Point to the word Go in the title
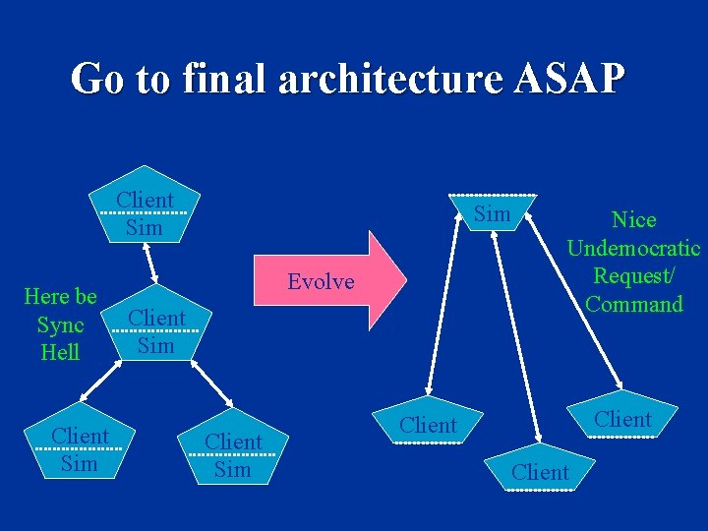pyautogui.click(x=99, y=78)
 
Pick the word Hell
pyautogui.click(x=60, y=352)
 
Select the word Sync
pyautogui.click(x=60, y=324)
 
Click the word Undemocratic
pyautogui.click(x=633, y=248)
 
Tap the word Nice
pyautogui.click(x=633, y=219)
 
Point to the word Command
pyautogui.click(x=633, y=304)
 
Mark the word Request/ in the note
pyautogui.click(x=633, y=276)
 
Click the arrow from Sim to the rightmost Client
pyautogui.click(x=575, y=295)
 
